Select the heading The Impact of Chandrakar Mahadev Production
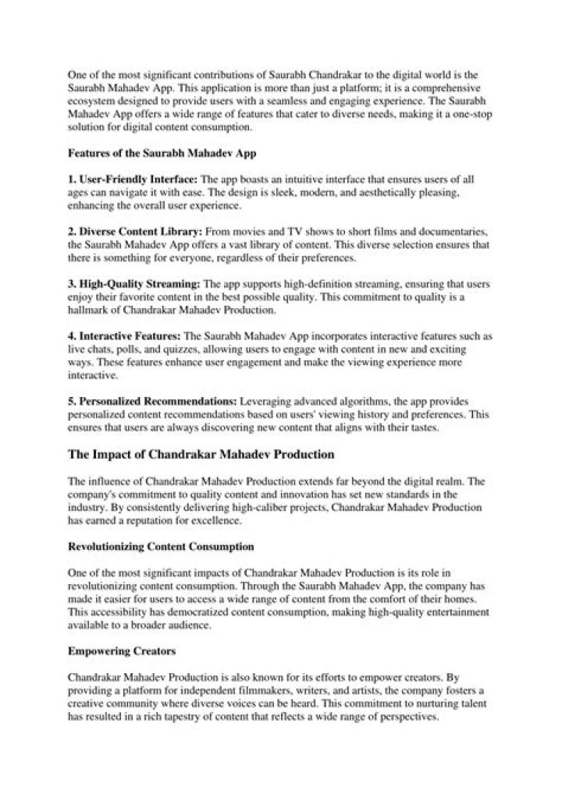tap(201, 453)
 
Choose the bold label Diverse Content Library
tap(135, 232)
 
